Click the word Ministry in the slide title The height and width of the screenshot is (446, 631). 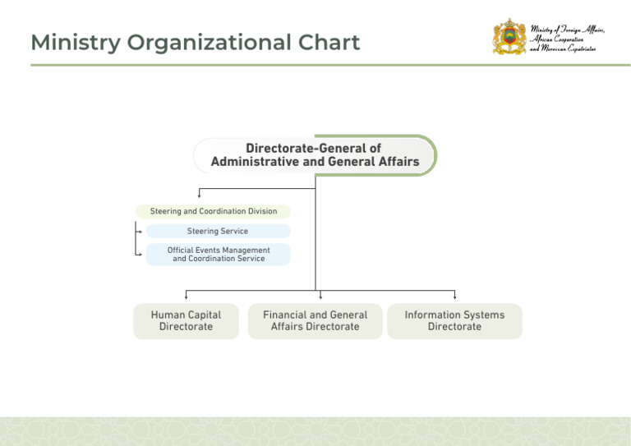[76, 43]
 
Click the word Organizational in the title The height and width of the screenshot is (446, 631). [210, 43]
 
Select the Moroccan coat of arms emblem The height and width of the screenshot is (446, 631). [509, 37]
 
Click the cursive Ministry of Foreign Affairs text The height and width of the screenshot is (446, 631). [567, 39]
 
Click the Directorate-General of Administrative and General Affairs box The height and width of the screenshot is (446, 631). [315, 155]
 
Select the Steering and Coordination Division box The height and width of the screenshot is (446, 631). [213, 212]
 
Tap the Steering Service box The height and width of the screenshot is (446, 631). [218, 232]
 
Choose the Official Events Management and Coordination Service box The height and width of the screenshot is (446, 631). [218, 254]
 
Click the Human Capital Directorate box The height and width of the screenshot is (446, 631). [186, 321]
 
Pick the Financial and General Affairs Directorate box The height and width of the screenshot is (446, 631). [315, 321]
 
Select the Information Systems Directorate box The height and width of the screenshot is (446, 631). [454, 321]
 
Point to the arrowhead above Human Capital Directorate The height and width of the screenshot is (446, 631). [186, 297]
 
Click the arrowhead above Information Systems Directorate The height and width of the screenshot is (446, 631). [454, 297]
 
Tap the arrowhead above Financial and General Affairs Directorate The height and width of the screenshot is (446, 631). [320, 297]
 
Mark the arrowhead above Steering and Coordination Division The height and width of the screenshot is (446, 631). [199, 195]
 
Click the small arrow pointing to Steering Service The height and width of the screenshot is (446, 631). [140, 232]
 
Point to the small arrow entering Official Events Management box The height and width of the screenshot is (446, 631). [140, 254]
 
